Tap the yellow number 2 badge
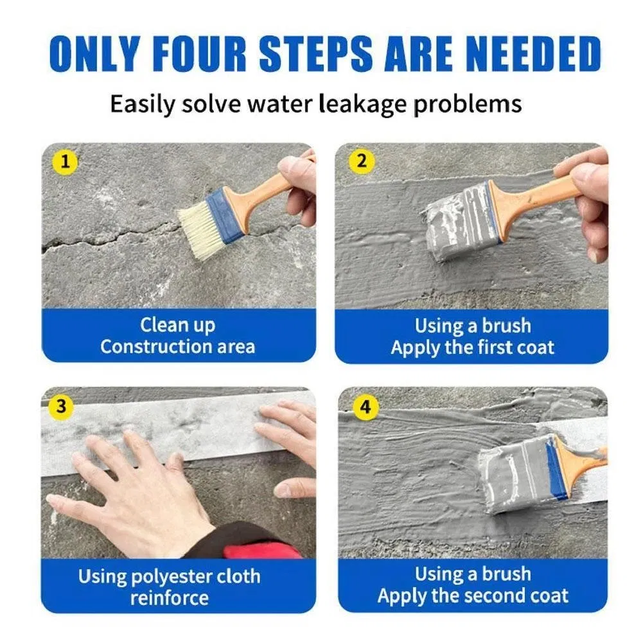361,161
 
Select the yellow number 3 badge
60,407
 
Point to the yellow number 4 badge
365,407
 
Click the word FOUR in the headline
202,54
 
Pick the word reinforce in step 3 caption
170,597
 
